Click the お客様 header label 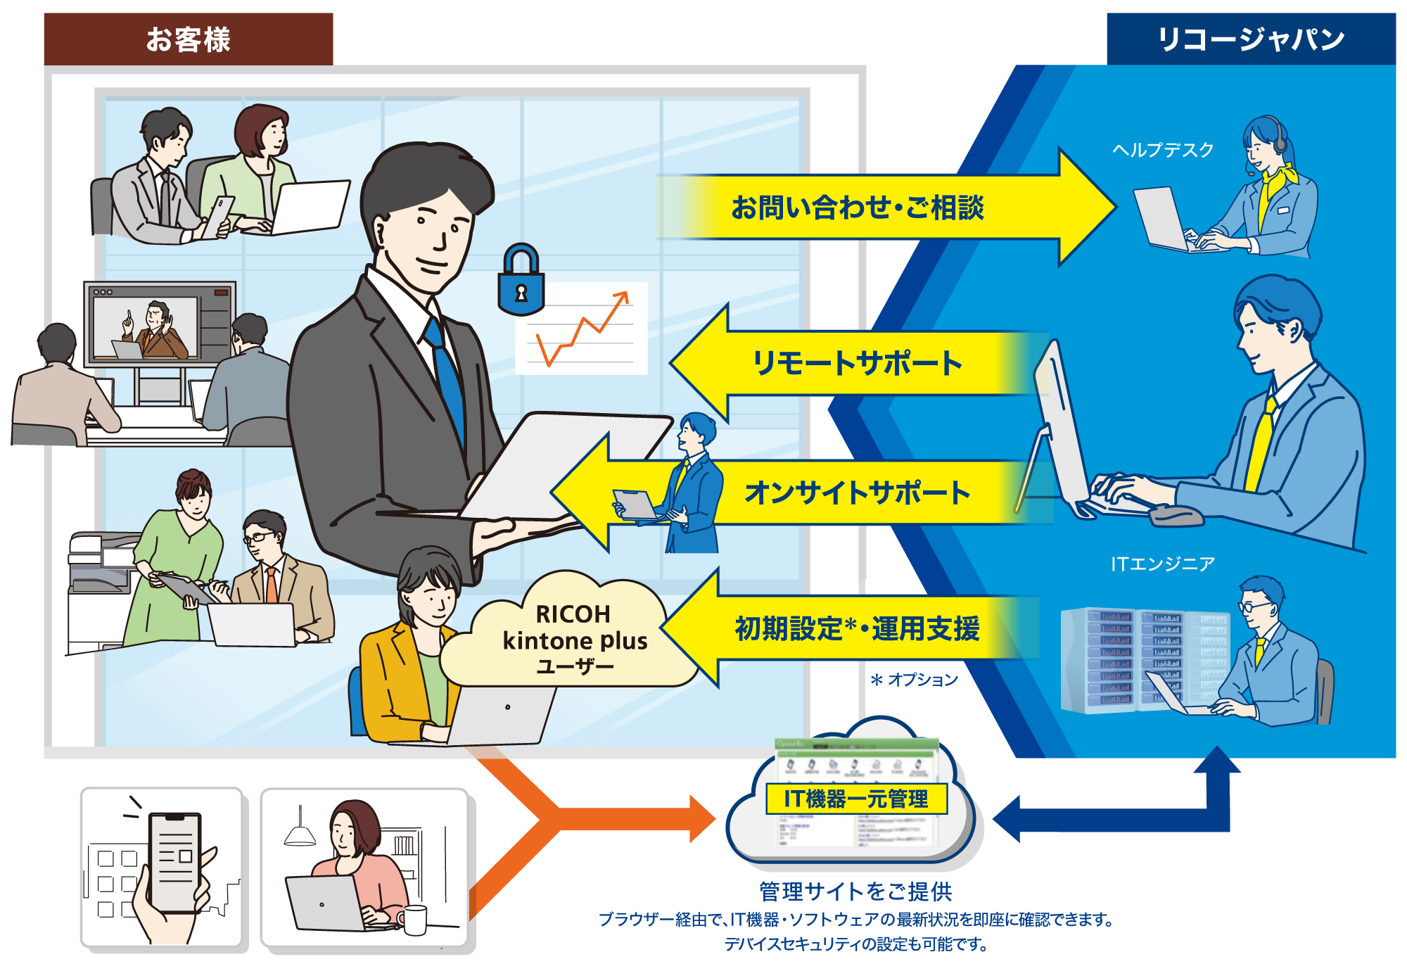pyautogui.click(x=188, y=39)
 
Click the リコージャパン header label pyautogui.click(x=1251, y=39)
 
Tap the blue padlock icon pyautogui.click(x=521, y=281)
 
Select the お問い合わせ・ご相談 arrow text pyautogui.click(x=857, y=208)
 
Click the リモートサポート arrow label pyautogui.click(x=857, y=363)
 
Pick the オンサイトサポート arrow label pyautogui.click(x=857, y=493)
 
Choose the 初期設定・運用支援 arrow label pyautogui.click(x=857, y=628)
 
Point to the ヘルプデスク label pyautogui.click(x=1163, y=150)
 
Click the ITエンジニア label pyautogui.click(x=1163, y=564)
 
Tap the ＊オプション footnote pyautogui.click(x=915, y=680)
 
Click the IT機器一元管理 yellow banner pyautogui.click(x=856, y=799)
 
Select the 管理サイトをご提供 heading pyautogui.click(x=855, y=891)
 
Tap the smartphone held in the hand pyautogui.click(x=175, y=862)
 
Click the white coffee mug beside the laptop pyautogui.click(x=414, y=920)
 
